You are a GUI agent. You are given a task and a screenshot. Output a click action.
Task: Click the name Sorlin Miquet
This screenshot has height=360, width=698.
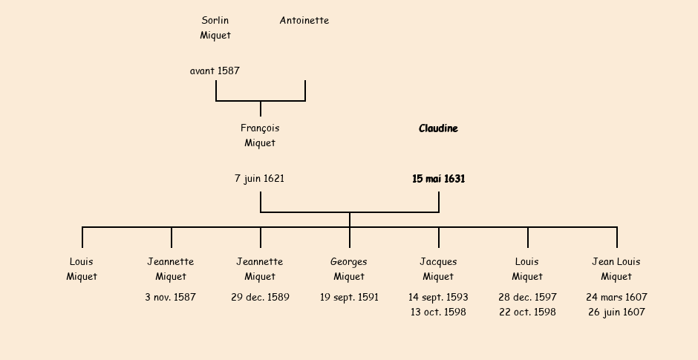pos(215,27)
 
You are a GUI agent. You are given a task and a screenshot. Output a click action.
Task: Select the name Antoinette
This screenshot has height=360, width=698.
pos(304,21)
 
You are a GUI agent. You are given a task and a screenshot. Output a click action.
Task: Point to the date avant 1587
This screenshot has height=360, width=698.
pos(215,71)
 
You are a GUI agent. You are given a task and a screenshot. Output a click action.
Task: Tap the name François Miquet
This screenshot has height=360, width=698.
pos(260,135)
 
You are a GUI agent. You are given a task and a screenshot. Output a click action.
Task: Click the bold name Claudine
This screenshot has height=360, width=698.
pos(438,128)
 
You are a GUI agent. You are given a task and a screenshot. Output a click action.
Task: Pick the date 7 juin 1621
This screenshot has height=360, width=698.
pos(259,179)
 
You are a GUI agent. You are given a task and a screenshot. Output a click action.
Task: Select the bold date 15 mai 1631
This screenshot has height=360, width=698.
pos(438,179)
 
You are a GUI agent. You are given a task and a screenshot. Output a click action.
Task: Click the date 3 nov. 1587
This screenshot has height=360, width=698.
pos(171,298)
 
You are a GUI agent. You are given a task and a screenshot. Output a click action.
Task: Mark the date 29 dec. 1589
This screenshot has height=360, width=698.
pos(260,298)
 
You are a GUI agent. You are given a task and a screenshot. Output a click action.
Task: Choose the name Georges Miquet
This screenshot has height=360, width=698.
pos(349,269)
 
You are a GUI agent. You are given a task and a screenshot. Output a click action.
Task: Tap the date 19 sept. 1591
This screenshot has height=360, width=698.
pos(349,298)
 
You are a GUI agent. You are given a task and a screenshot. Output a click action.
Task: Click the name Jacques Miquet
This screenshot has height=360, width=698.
pos(438,269)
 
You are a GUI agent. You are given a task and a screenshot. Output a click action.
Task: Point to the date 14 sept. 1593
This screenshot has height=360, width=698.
pos(438,298)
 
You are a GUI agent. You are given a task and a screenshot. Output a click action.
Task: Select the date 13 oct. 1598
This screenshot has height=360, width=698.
pos(438,312)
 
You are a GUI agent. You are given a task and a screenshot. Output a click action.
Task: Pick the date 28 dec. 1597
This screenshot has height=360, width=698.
pos(527,298)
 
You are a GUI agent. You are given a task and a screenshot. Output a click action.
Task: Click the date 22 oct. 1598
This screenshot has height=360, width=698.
pos(527,312)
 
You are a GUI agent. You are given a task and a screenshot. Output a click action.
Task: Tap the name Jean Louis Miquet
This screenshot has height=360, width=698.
pos(616,269)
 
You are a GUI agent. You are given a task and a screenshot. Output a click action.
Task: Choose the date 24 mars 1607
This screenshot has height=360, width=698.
pos(616,298)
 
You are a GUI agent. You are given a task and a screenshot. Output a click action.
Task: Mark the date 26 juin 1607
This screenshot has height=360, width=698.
pos(616,312)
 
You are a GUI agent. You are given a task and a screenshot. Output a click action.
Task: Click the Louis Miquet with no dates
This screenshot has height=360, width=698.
pos(82,269)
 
